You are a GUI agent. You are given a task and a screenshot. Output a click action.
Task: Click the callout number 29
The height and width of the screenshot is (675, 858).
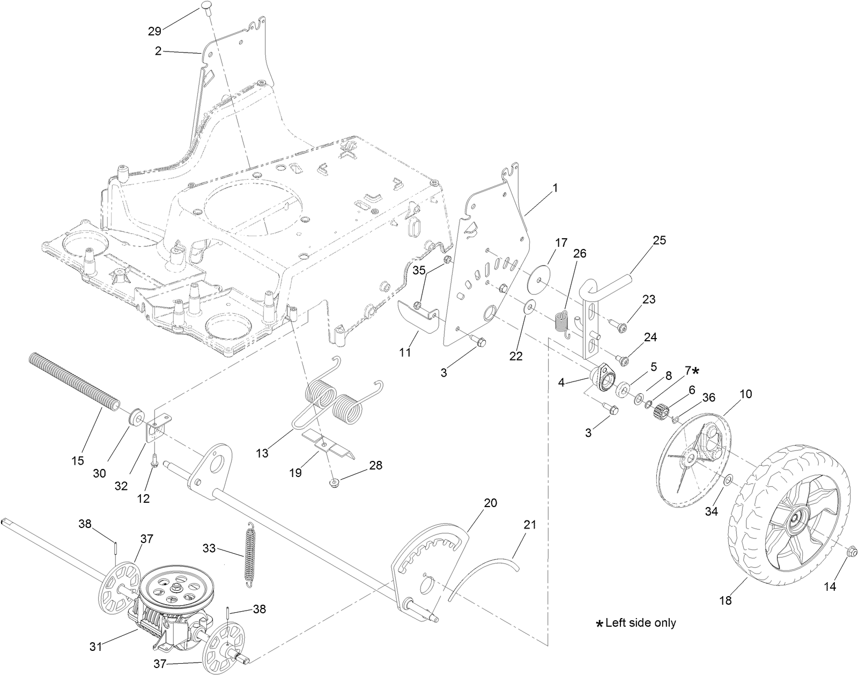coord(154,32)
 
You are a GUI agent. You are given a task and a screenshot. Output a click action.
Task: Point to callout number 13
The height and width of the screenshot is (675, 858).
coord(262,454)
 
